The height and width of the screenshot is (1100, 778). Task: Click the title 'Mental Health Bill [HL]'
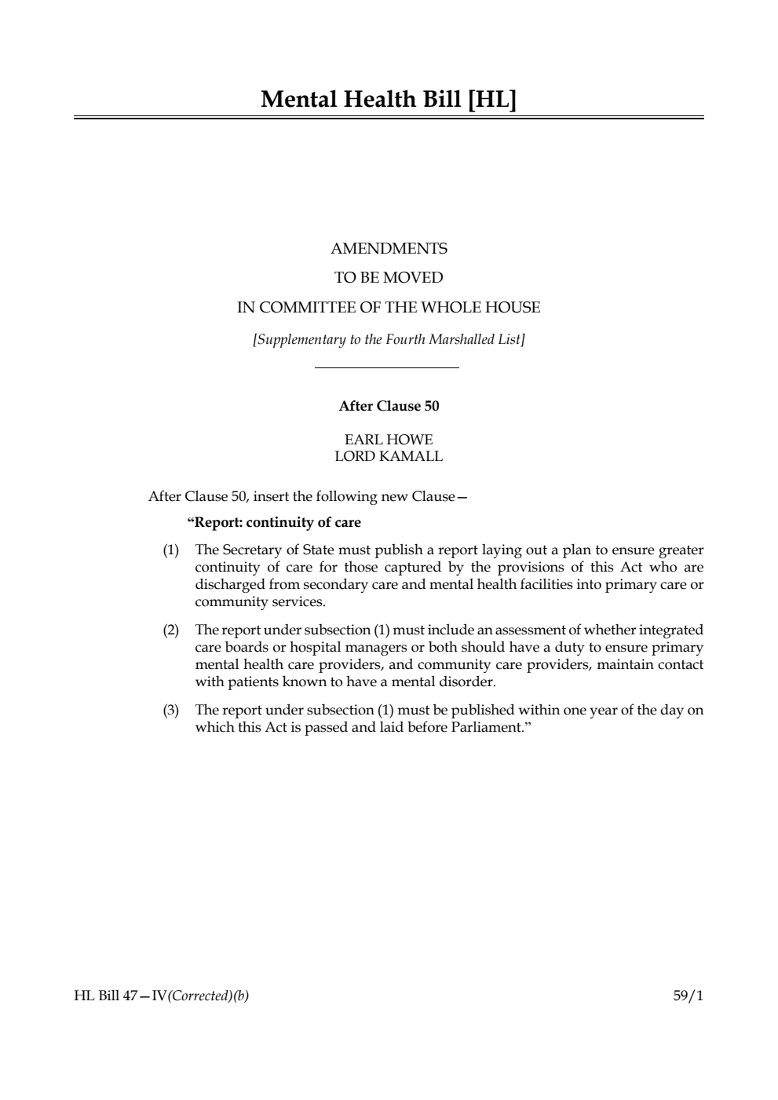[x=389, y=100]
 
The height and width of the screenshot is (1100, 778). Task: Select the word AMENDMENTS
[x=389, y=249]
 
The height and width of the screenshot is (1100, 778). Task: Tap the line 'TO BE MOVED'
[x=389, y=278]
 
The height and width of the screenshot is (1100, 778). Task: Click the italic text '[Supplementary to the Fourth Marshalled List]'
[x=389, y=339]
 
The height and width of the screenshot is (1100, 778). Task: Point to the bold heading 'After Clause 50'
[x=389, y=406]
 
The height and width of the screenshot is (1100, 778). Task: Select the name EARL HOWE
[x=389, y=440]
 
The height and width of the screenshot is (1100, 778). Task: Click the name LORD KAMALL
[x=389, y=456]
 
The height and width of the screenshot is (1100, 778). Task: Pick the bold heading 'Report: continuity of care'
[x=275, y=523]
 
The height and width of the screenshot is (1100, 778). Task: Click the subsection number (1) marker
[x=171, y=550]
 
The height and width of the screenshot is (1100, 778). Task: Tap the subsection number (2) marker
[x=171, y=630]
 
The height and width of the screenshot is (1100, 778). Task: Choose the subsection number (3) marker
[x=171, y=711]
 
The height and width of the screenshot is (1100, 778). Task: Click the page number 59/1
[x=688, y=996]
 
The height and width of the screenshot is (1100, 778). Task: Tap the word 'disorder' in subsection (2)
[x=469, y=682]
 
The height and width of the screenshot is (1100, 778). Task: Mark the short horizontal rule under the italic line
[x=386, y=367]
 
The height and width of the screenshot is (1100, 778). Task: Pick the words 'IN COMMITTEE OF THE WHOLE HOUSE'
[x=389, y=308]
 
